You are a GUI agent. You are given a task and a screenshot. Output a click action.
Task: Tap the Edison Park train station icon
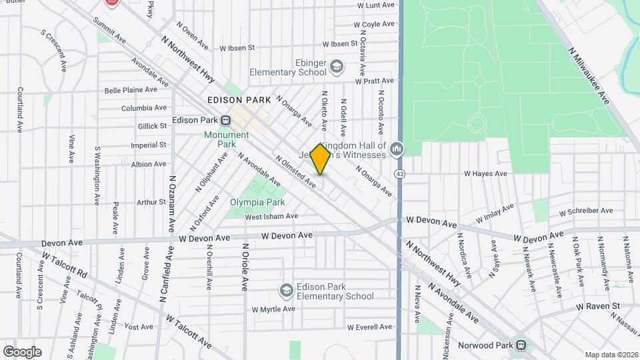(226, 121)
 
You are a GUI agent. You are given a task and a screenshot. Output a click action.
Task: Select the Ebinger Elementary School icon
(337, 66)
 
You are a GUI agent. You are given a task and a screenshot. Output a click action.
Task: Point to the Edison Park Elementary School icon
(286, 290)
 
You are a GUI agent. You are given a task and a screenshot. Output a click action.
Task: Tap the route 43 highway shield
(399, 173)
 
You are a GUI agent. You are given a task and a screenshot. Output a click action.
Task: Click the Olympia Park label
(257, 202)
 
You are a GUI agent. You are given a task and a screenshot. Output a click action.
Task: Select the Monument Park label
(226, 139)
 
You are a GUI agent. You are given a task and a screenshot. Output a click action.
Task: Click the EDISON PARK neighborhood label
(239, 100)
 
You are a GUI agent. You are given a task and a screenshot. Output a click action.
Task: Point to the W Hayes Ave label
(485, 173)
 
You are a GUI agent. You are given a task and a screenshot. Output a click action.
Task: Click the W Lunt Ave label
(377, 5)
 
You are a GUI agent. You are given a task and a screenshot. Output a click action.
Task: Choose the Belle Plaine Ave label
(131, 90)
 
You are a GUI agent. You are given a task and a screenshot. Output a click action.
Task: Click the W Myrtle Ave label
(273, 309)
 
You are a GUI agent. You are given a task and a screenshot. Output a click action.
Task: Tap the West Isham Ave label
(271, 216)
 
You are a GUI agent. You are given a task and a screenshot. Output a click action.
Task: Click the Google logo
(22, 352)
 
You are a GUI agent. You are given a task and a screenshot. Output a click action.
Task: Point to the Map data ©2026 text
(611, 355)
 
